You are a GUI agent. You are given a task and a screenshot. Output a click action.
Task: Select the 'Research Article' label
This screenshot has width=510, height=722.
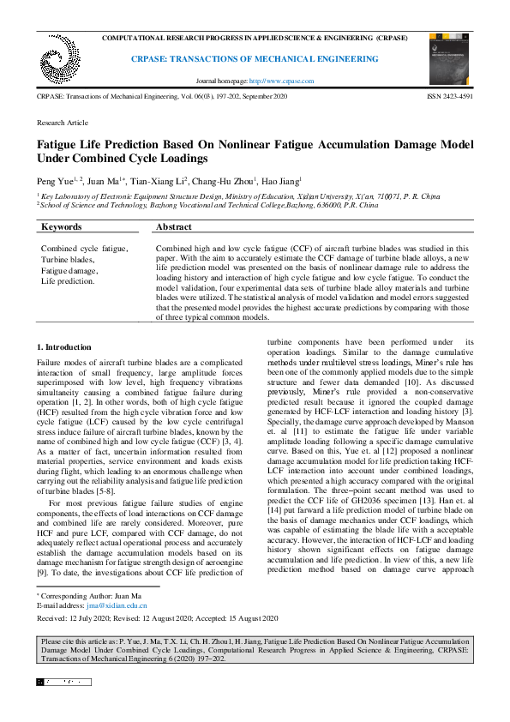click(x=62, y=123)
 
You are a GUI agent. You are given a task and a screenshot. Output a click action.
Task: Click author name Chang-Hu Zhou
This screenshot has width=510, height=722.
click(x=231, y=182)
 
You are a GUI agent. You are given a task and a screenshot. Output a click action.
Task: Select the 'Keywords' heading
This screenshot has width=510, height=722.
click(x=62, y=227)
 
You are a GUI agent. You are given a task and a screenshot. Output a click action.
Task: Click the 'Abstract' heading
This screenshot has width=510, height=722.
click(x=174, y=227)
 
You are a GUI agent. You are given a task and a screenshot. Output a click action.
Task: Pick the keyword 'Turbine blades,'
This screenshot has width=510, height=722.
click(x=68, y=259)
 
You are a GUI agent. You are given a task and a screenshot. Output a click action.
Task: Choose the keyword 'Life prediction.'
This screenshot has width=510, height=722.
click(x=69, y=280)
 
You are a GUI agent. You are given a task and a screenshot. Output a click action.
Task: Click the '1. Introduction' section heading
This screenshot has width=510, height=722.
click(x=64, y=347)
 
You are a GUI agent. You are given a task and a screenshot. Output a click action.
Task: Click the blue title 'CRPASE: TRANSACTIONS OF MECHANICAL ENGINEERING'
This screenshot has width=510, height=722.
click(x=254, y=59)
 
